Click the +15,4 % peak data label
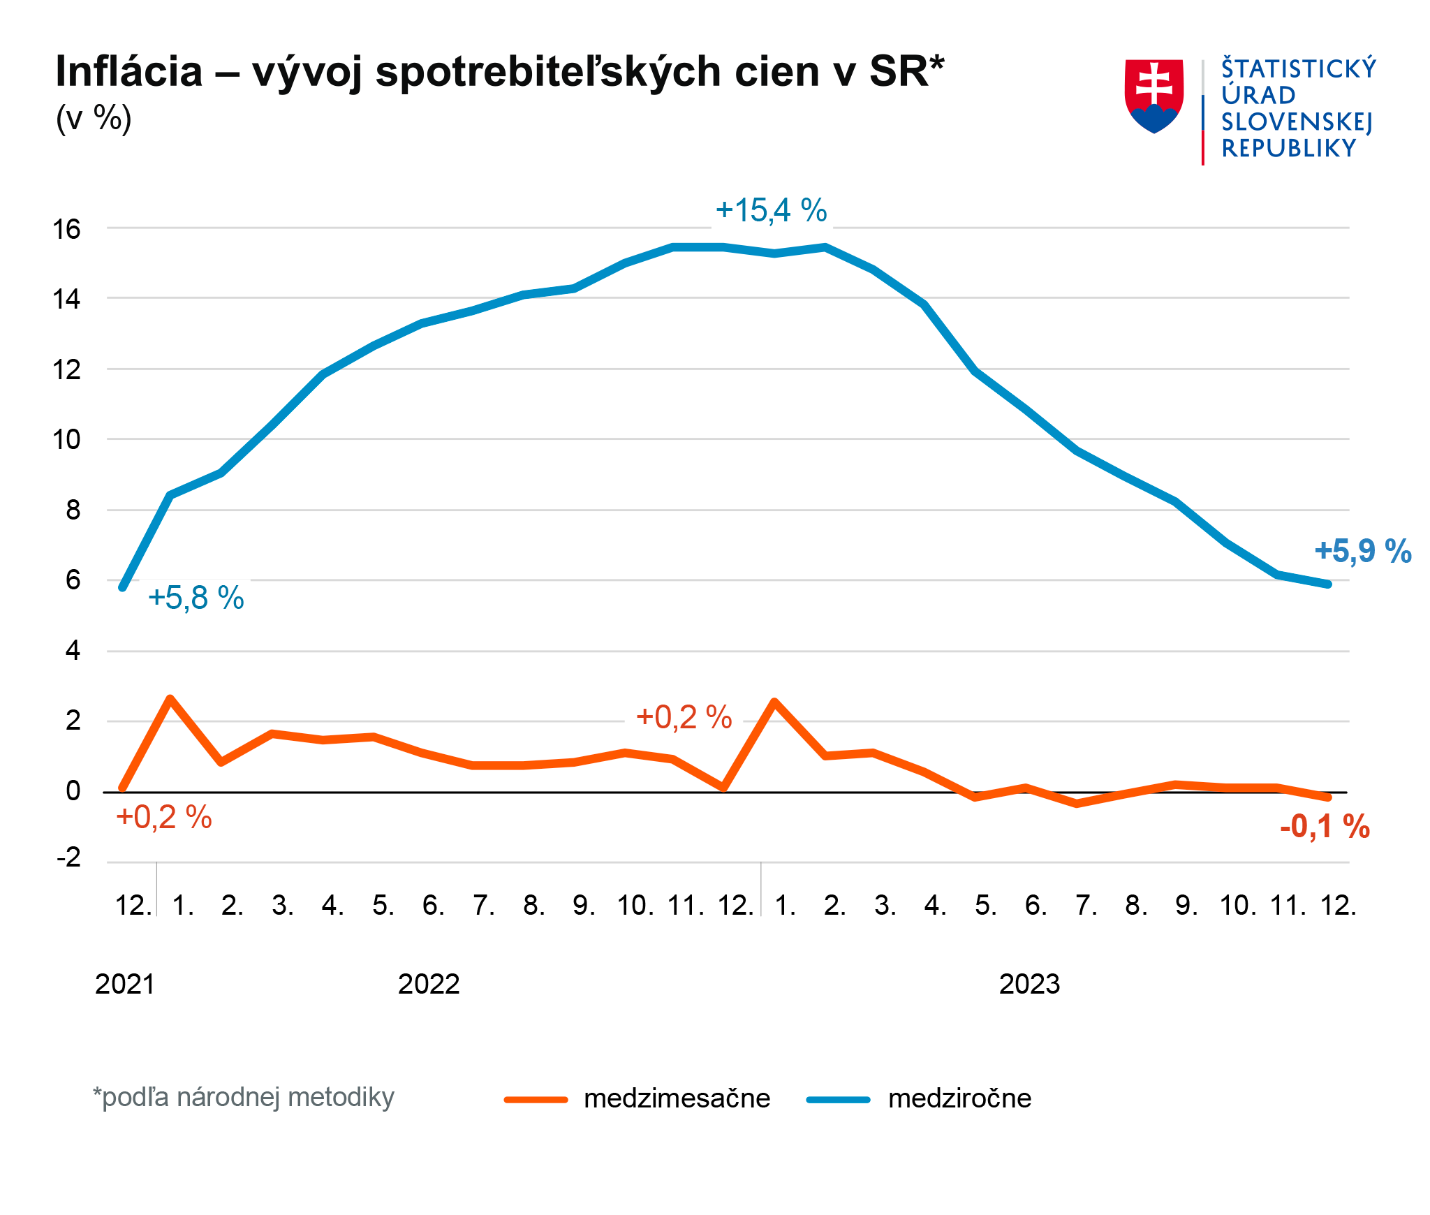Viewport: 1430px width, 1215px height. [771, 210]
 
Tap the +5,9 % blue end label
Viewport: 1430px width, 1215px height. [1362, 552]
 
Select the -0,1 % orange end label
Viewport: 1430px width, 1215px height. [1325, 827]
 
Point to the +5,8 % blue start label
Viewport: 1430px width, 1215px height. [196, 598]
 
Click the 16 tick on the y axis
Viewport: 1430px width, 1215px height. [67, 229]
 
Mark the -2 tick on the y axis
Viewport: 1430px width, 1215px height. [68, 857]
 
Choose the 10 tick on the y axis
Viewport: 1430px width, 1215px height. [67, 440]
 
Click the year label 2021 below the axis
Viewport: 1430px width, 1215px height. [125, 985]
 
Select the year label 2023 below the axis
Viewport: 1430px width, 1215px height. [1029, 985]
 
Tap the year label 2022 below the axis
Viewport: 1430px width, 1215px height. [429, 985]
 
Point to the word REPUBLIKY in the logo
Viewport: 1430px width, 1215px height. [1288, 149]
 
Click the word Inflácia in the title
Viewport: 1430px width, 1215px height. [129, 71]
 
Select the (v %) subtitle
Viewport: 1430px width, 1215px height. [94, 118]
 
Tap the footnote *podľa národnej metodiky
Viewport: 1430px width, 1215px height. [244, 1098]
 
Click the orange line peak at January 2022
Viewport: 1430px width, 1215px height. [170, 699]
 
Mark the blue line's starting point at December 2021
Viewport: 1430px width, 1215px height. [123, 587]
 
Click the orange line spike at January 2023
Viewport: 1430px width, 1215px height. [774, 702]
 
